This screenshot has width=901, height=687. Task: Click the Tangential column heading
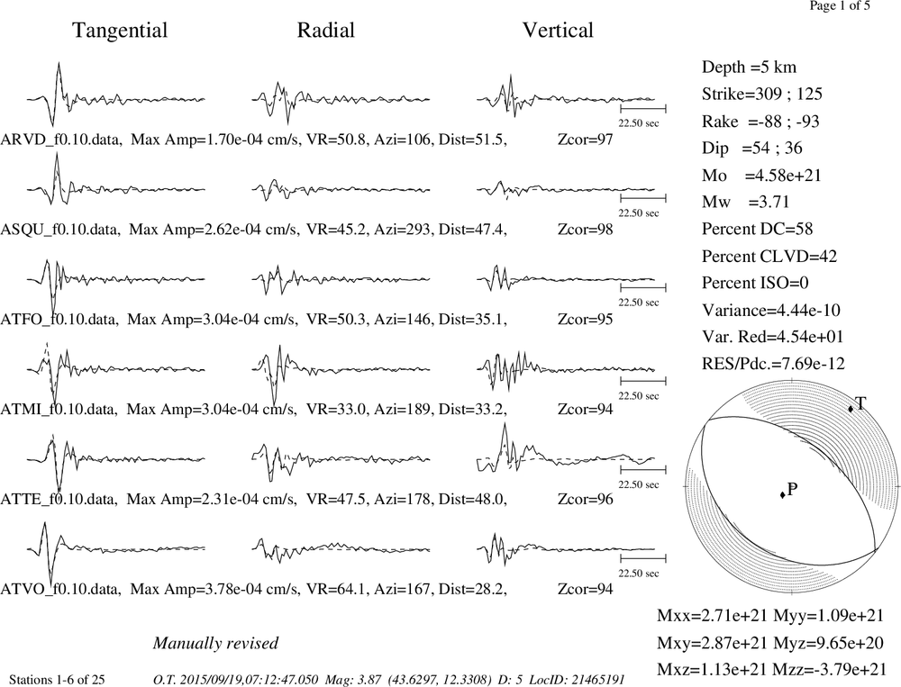tap(120, 31)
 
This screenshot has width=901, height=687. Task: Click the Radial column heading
tap(326, 30)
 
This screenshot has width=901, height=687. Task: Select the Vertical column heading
tap(558, 30)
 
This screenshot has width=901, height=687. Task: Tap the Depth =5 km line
tap(749, 68)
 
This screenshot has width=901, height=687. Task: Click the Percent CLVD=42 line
tap(769, 257)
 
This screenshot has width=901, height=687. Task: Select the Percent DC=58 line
tap(758, 230)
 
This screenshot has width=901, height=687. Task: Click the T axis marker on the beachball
tap(851, 409)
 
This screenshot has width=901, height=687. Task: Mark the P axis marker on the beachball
tap(783, 494)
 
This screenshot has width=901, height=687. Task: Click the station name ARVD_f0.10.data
tap(61, 140)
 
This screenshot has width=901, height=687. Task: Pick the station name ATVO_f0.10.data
tap(60, 590)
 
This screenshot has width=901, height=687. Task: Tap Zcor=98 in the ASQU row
tap(585, 230)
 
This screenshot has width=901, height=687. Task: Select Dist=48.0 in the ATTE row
tap(472, 499)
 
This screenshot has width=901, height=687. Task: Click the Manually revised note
tap(215, 644)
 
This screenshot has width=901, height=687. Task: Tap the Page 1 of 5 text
tap(840, 5)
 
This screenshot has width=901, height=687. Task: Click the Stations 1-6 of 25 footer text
tap(57, 680)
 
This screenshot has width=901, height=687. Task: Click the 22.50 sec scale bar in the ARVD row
tap(643, 108)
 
